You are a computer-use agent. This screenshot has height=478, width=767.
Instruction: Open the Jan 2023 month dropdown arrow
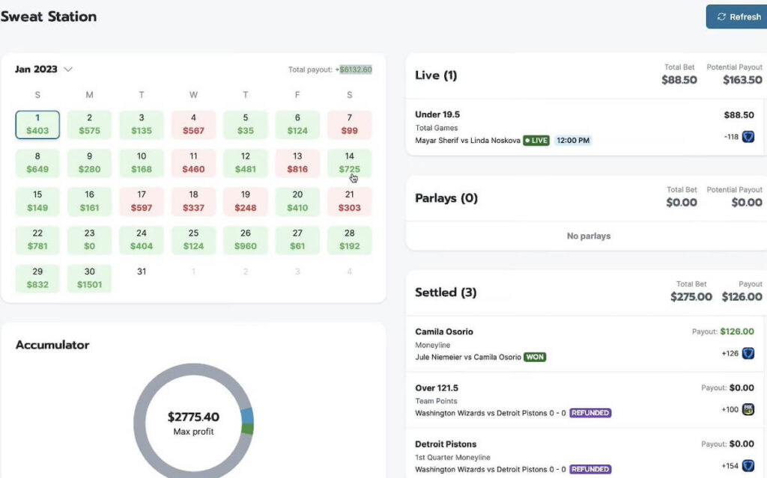click(68, 70)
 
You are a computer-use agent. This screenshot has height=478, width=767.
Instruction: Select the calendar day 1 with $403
click(37, 124)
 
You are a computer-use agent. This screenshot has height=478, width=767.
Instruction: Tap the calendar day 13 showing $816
click(297, 163)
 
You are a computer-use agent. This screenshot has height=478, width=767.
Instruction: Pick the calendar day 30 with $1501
click(89, 278)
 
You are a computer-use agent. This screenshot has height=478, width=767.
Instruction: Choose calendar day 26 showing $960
click(246, 239)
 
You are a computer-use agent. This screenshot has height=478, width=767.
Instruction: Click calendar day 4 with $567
click(193, 124)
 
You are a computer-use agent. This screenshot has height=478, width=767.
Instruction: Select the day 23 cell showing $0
click(89, 239)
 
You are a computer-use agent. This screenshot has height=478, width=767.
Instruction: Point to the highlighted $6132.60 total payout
click(356, 70)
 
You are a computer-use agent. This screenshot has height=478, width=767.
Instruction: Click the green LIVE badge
click(536, 141)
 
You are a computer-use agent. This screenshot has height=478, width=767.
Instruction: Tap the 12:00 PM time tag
click(573, 141)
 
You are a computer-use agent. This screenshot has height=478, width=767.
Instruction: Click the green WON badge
click(535, 357)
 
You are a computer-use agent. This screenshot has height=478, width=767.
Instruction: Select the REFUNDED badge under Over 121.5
click(590, 413)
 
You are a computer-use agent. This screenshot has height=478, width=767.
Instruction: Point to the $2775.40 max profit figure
click(193, 417)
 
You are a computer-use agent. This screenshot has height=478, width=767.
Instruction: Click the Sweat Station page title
click(49, 16)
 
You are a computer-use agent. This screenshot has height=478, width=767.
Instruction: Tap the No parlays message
click(588, 236)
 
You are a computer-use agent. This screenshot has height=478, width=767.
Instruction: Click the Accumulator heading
click(52, 345)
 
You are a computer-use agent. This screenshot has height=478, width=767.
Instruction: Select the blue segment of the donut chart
click(248, 417)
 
